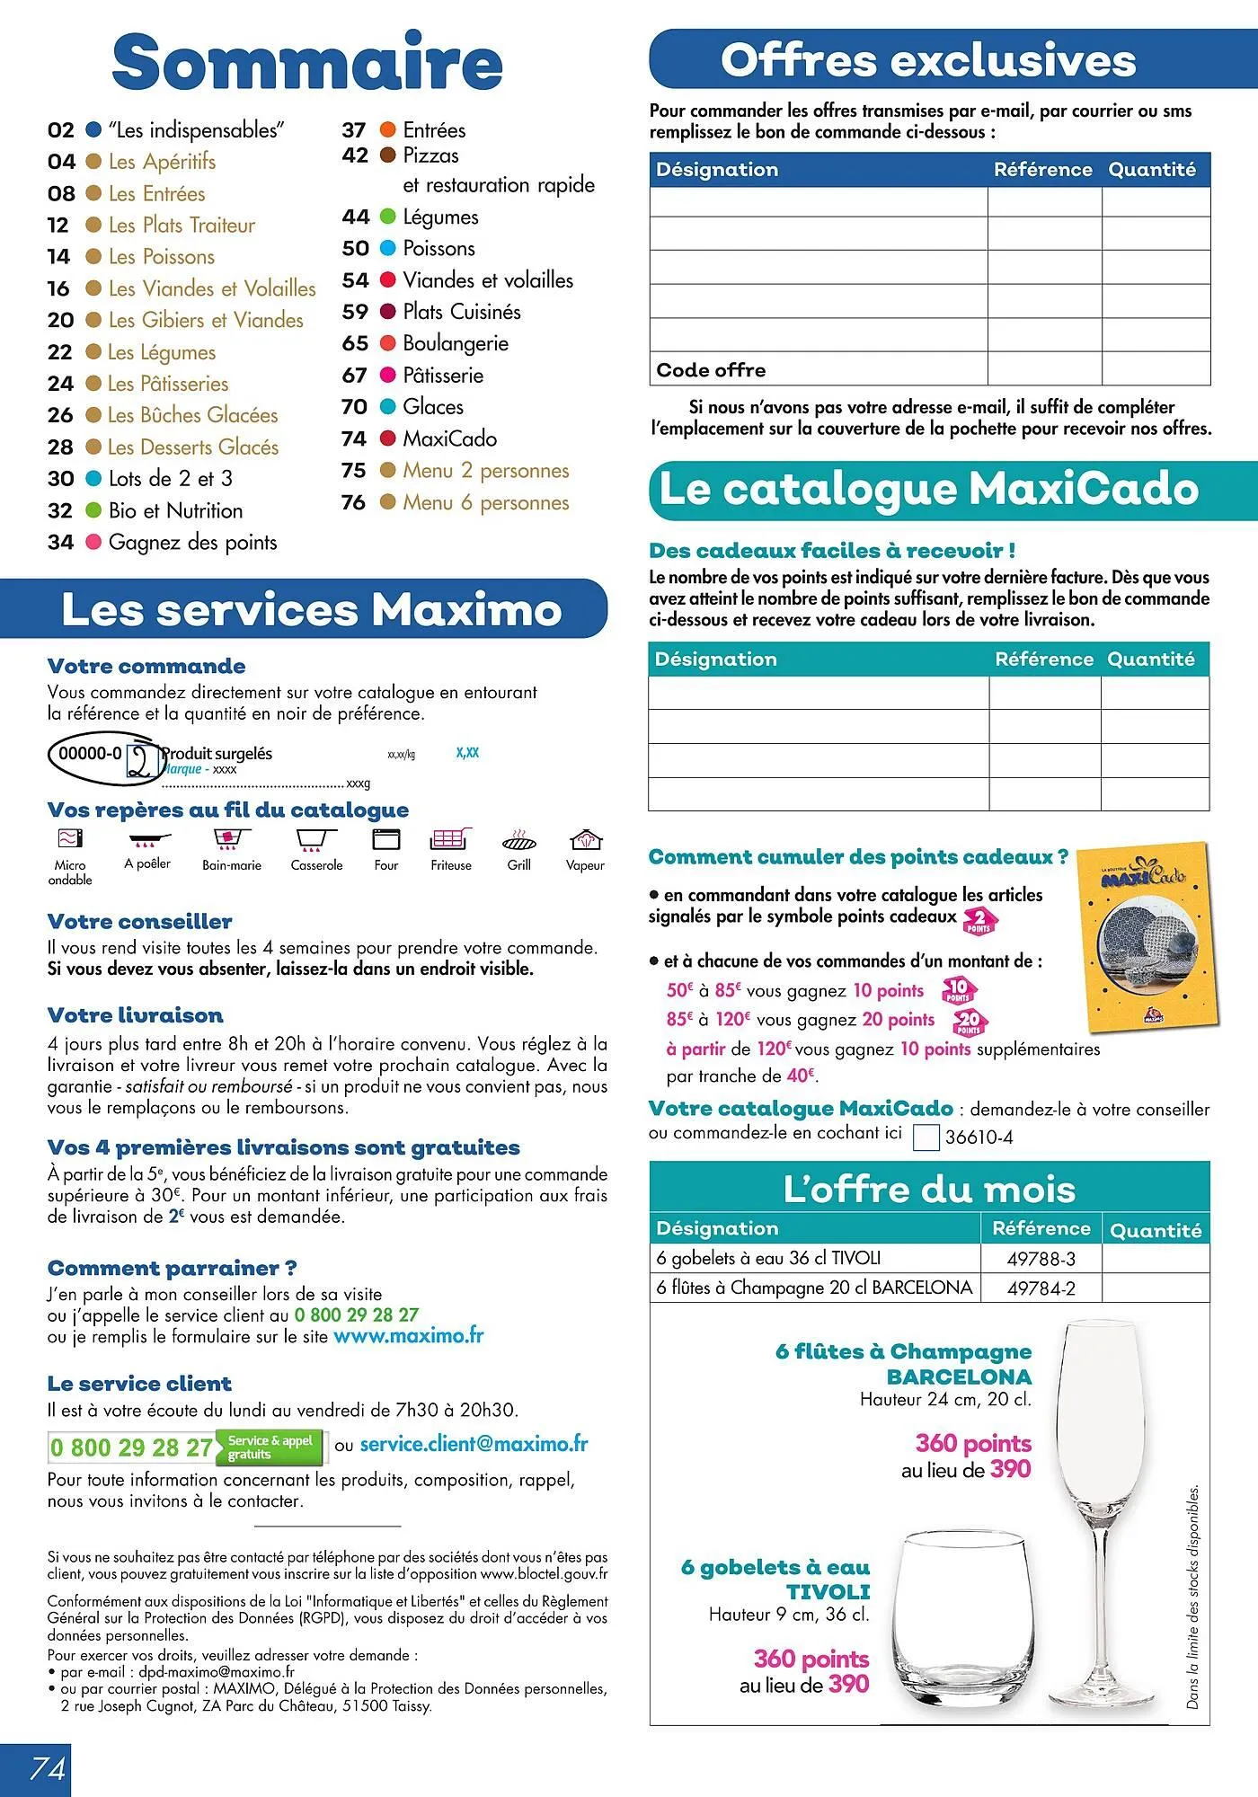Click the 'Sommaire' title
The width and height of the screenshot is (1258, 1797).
point(306,63)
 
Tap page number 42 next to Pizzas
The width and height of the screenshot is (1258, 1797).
point(355,155)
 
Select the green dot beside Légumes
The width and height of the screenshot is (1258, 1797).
point(388,217)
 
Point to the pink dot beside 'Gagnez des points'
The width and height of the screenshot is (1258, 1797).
point(93,542)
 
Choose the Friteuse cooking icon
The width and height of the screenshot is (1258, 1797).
point(451,840)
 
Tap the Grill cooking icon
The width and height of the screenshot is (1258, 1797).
point(519,840)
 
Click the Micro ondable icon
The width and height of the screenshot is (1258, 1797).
point(70,839)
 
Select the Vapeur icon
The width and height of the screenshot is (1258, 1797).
point(585,840)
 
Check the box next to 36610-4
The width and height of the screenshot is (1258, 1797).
point(926,1138)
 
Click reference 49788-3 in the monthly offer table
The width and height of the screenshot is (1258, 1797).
point(1041,1259)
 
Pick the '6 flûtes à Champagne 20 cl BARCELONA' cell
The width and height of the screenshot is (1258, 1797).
point(814,1288)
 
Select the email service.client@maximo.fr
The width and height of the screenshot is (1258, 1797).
point(474,1445)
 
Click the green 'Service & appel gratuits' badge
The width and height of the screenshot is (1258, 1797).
point(270,1447)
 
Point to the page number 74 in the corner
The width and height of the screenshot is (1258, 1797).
point(47,1768)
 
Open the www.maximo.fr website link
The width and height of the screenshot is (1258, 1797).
point(408,1336)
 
